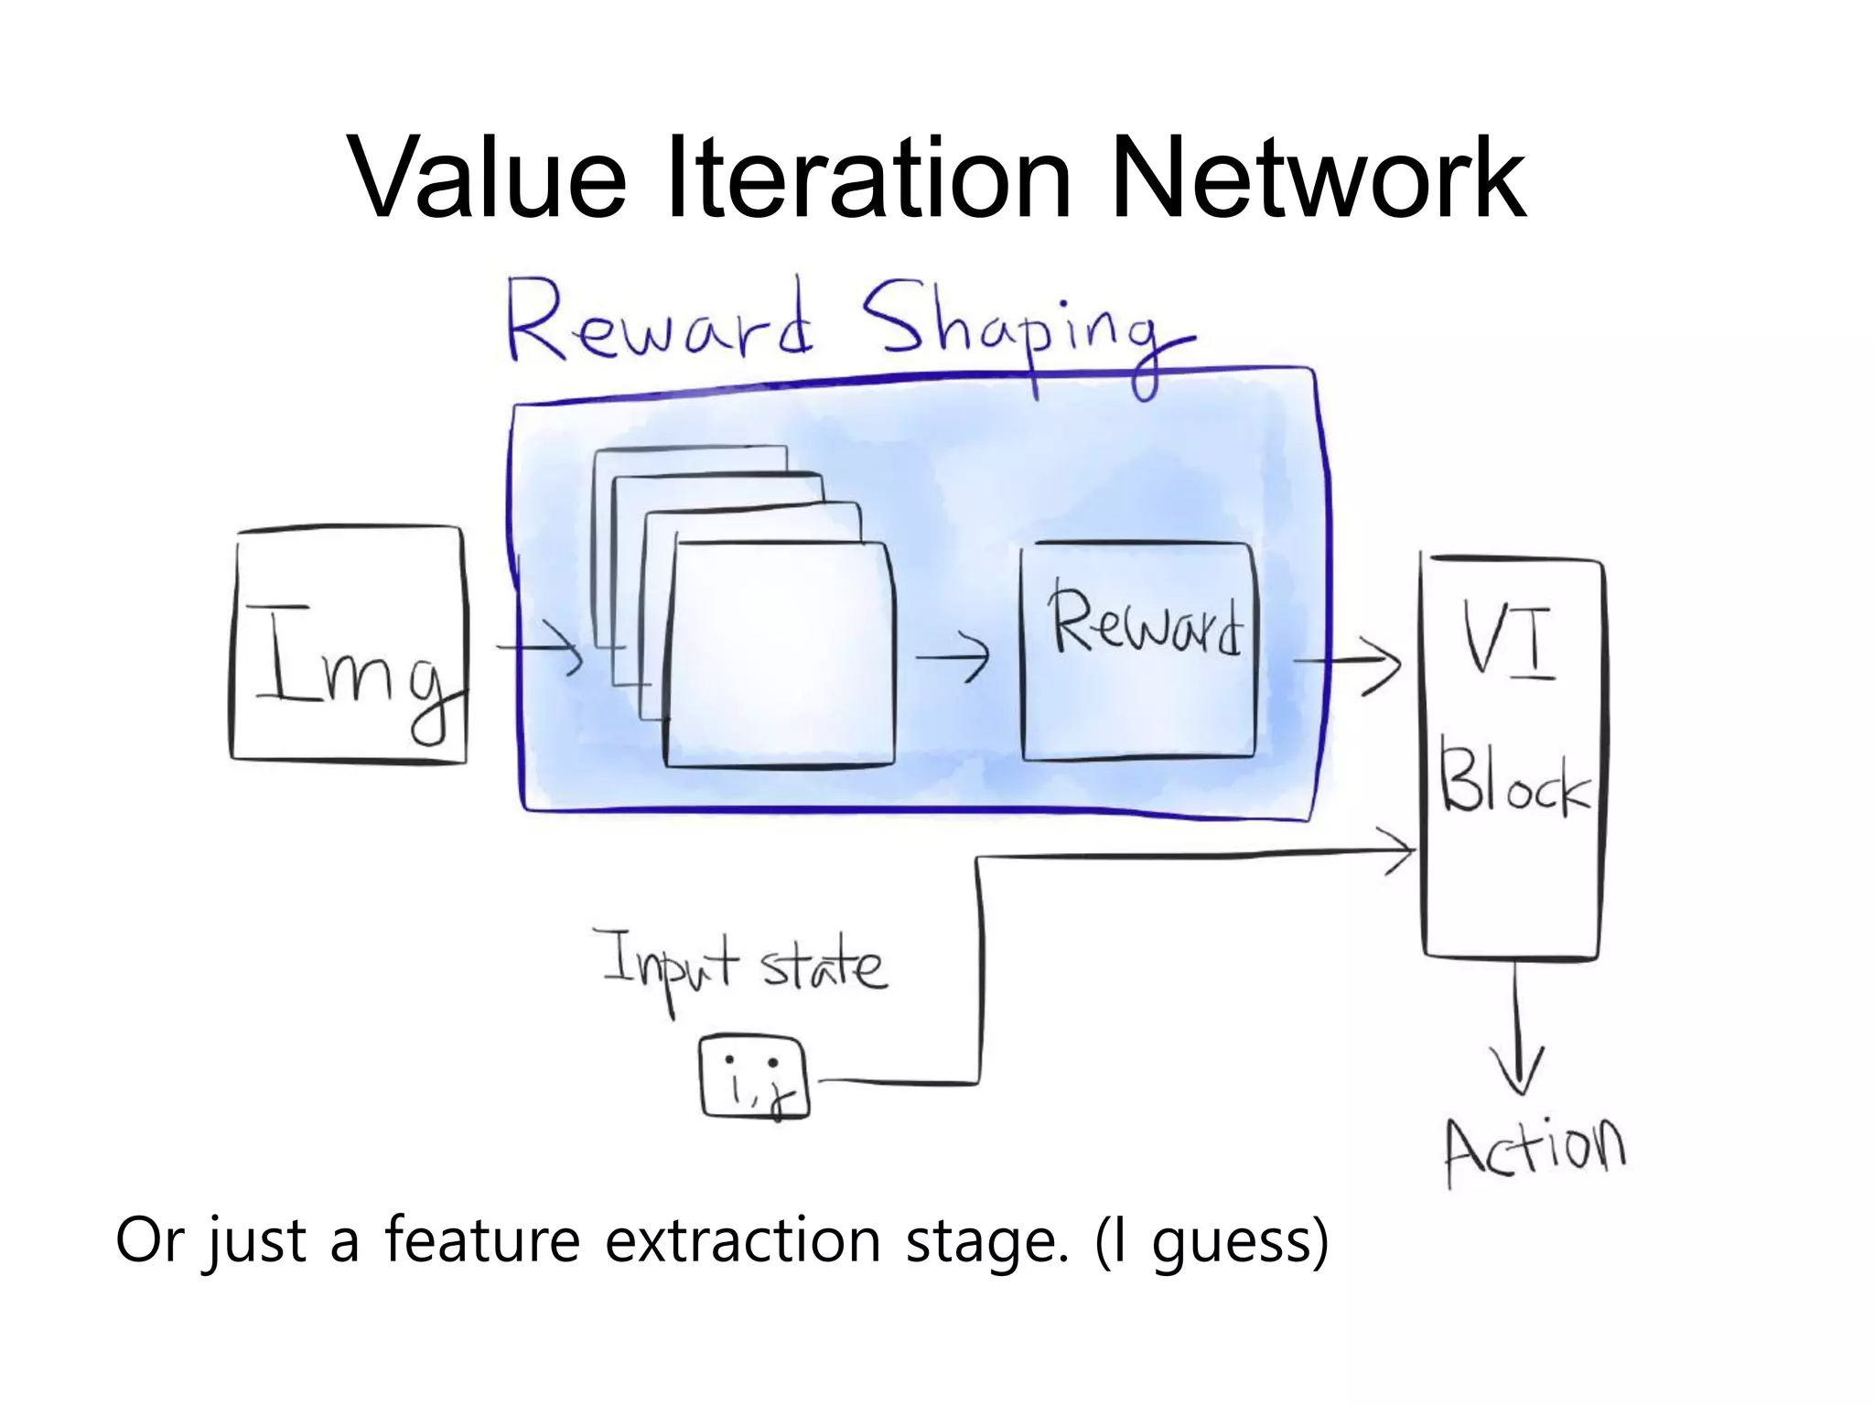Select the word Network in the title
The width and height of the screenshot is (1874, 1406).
click(x=1318, y=178)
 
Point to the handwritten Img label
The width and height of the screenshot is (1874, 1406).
click(x=352, y=668)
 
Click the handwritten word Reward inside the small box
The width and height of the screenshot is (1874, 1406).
click(x=1144, y=622)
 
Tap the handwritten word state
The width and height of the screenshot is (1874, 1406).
click(x=824, y=966)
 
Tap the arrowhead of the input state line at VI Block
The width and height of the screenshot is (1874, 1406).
click(x=1400, y=851)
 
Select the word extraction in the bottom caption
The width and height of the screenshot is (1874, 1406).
click(x=741, y=1240)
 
